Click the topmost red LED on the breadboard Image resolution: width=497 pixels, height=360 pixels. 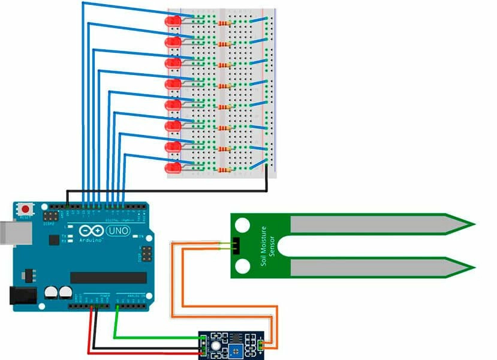[173, 22]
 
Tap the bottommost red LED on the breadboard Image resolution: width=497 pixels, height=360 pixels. [173, 168]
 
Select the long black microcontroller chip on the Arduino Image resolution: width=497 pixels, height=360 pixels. [109, 277]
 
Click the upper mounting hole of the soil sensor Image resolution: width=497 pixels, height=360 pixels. [242, 225]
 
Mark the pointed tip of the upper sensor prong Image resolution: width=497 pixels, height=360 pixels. [473, 225]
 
